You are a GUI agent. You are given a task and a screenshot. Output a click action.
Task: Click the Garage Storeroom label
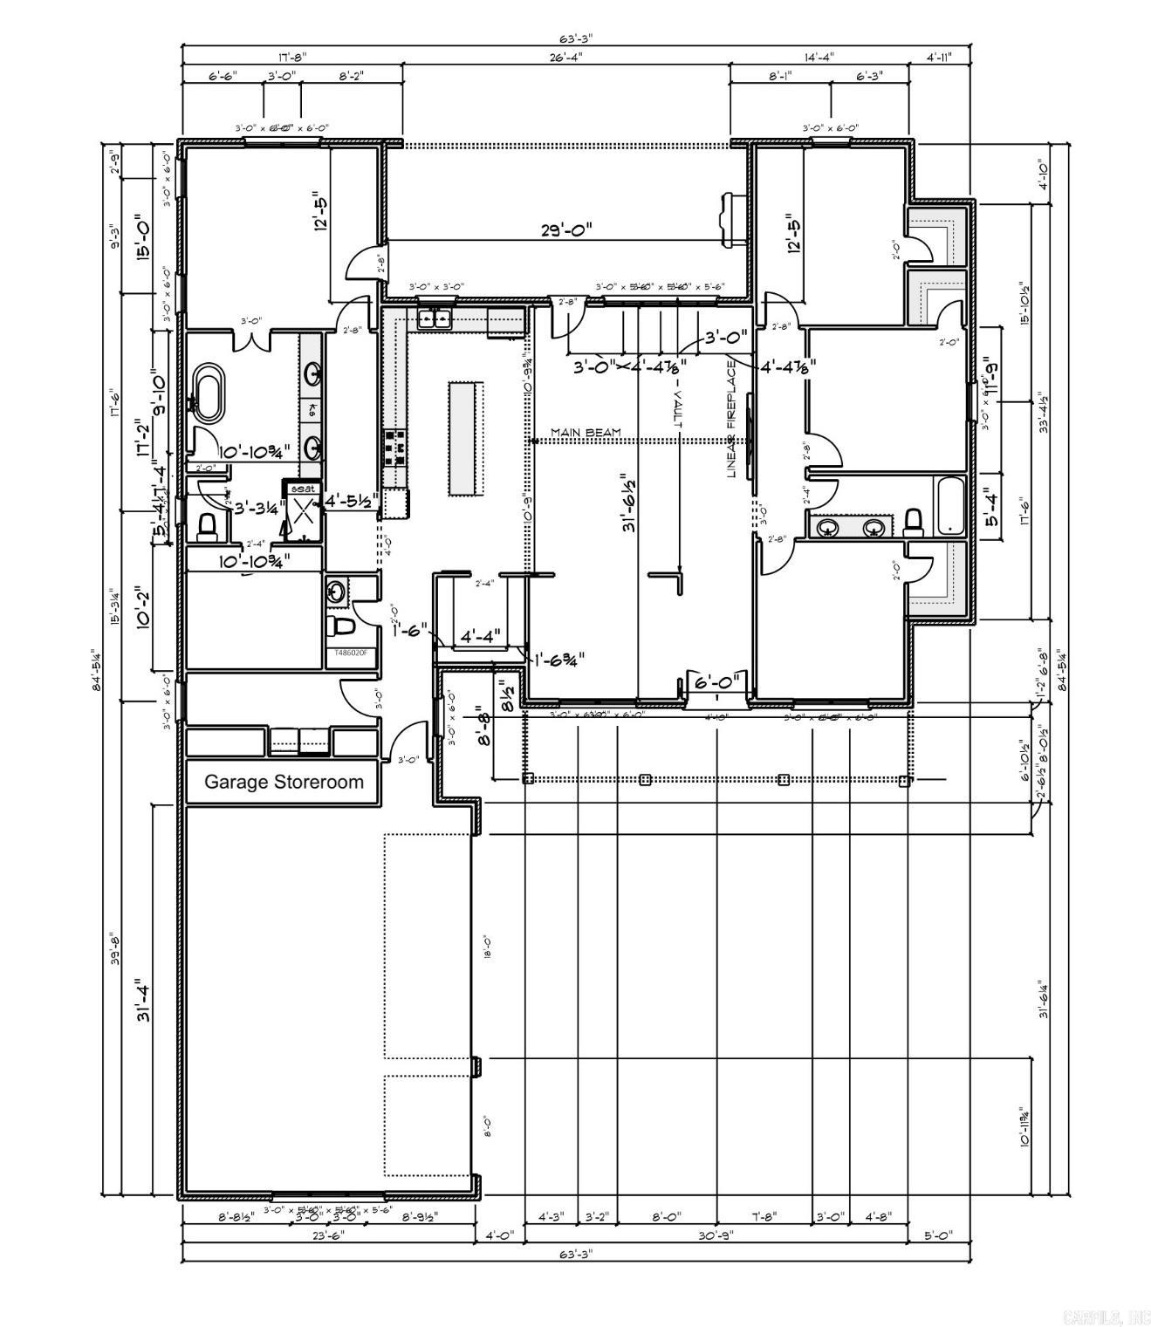point(284,782)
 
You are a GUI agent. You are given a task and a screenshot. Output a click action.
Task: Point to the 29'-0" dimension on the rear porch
point(565,230)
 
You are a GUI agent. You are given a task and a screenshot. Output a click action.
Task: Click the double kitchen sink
point(434,318)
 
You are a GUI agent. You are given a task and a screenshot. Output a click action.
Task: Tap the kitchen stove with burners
point(394,446)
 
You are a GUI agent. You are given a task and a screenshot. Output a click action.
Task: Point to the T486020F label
point(351,653)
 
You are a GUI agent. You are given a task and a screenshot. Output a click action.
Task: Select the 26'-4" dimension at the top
point(565,57)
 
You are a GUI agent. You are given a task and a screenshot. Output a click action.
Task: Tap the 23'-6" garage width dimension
point(328,1235)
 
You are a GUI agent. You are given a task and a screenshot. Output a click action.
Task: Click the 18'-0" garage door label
point(487,947)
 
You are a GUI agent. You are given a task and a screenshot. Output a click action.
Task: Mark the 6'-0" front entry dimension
point(716,681)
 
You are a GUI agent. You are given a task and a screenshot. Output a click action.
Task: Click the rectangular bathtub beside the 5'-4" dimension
point(949,505)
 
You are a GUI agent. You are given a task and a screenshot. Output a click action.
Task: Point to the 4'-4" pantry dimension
point(479,637)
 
